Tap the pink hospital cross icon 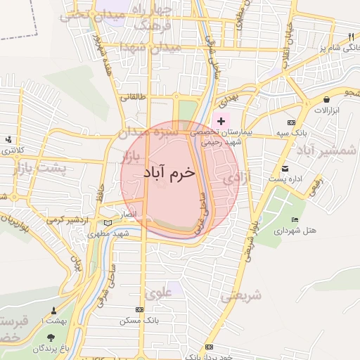point(221,122)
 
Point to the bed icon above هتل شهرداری point(295,220)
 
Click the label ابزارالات point(326,111)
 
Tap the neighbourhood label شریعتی point(241,296)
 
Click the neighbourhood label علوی point(159,292)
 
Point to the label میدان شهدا point(150,47)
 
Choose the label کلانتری point(10,151)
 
